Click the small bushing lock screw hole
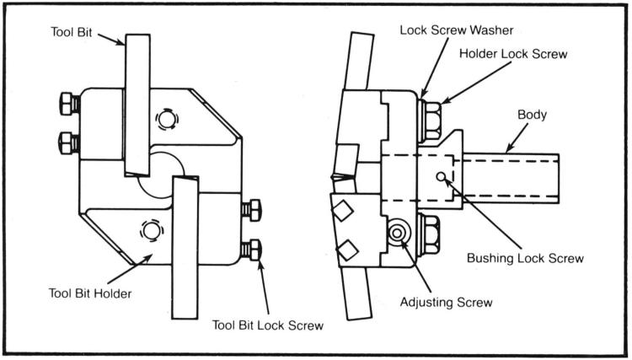tap(441, 175)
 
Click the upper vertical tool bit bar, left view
tap(137, 101)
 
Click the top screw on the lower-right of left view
tap(249, 209)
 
